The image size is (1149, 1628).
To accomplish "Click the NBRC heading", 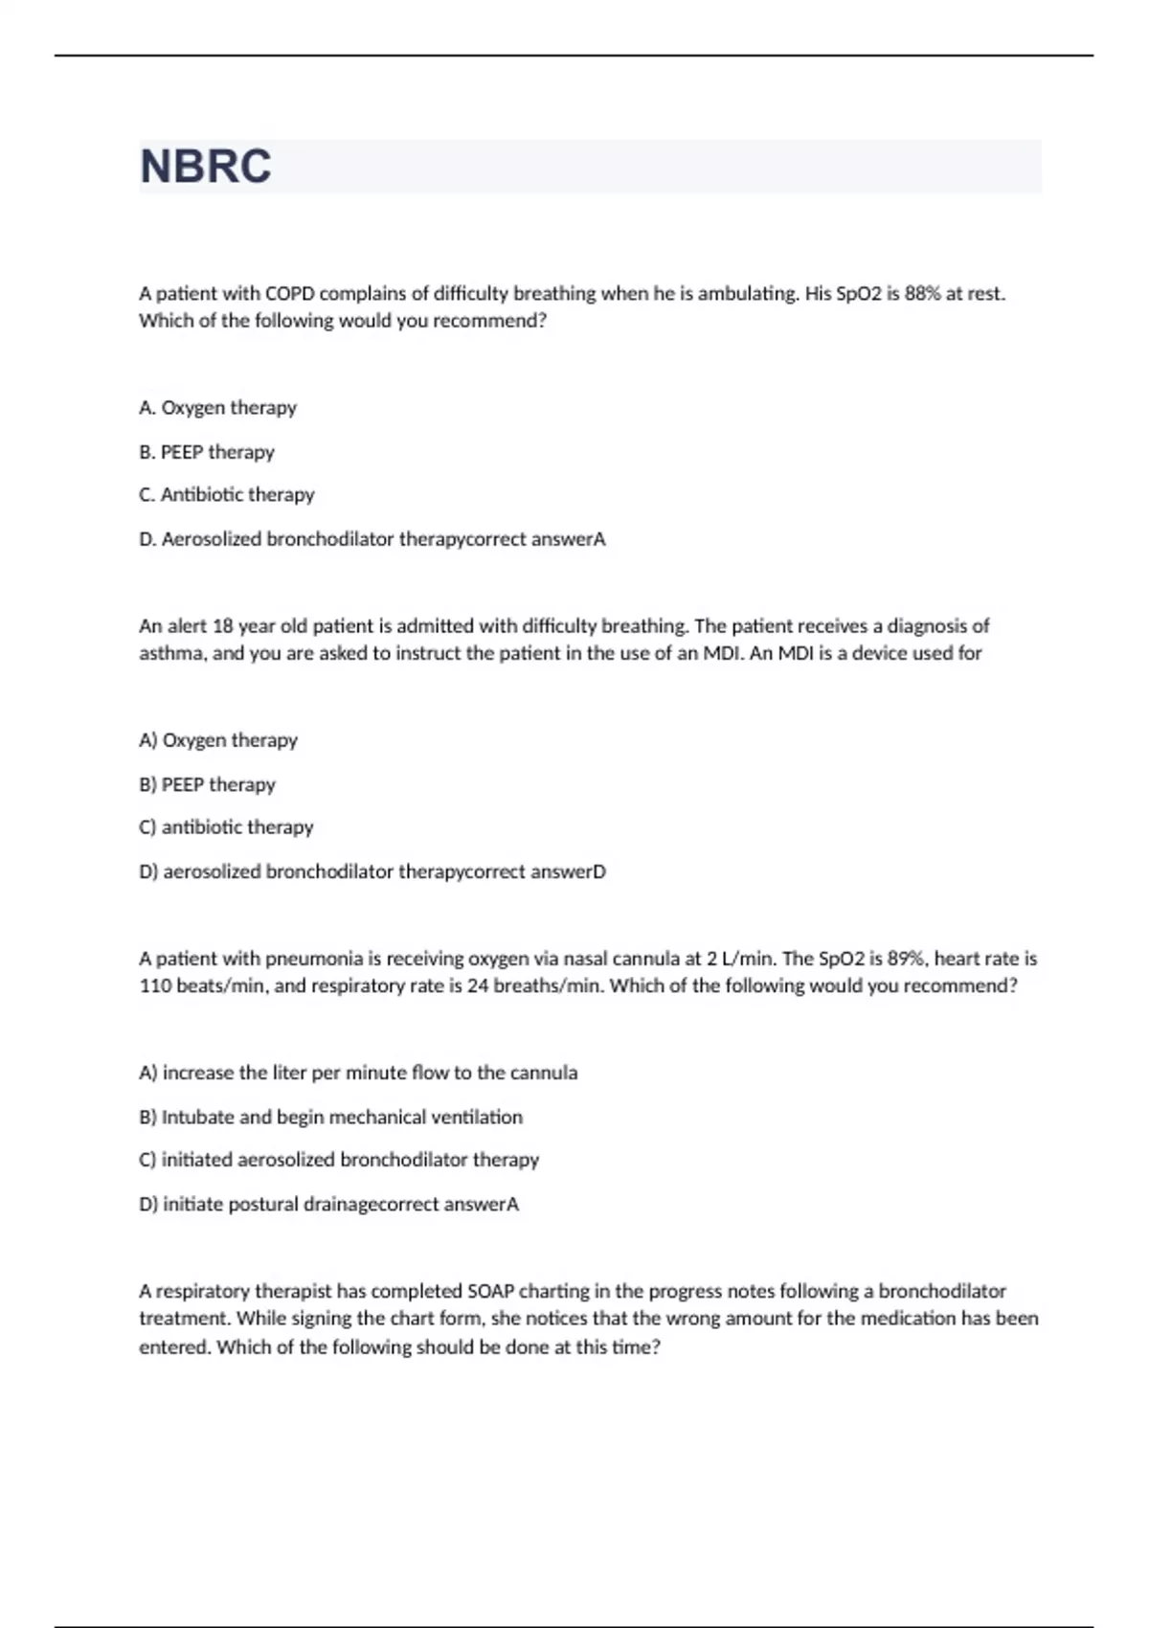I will [206, 167].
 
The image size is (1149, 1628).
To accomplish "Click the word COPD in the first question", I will [289, 294].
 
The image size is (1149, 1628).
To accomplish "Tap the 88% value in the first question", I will [922, 294].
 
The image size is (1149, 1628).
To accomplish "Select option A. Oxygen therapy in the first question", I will [217, 408].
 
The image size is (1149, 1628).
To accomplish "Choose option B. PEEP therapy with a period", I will [206, 452].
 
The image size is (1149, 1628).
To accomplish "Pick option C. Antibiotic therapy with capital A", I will [226, 495].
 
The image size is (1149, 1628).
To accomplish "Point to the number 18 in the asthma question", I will [222, 626].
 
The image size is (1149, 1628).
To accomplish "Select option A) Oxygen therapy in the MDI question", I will [217, 740].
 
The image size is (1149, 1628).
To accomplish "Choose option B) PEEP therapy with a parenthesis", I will [207, 784].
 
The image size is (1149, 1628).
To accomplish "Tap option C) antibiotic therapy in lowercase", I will [226, 827].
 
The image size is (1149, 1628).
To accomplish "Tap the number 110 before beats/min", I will [154, 986].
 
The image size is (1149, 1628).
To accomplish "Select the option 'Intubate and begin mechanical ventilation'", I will [330, 1118].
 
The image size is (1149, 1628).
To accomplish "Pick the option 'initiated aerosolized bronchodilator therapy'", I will [339, 1160].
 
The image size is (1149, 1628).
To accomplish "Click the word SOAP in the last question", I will [490, 1291].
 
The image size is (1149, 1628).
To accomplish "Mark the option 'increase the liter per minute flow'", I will [358, 1074].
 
